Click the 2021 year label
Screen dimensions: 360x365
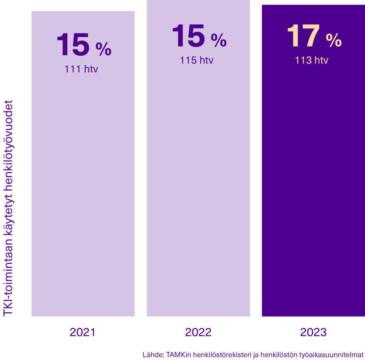pos(82,332)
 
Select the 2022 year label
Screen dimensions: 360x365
pos(198,332)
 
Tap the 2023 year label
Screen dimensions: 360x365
pos(313,332)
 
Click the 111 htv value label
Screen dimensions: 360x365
pos(81,69)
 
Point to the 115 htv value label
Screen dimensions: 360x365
pos(197,60)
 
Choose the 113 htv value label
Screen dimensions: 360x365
pos(312,60)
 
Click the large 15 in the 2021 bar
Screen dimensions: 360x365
pos(73,45)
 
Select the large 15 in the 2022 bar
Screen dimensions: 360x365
pos(189,36)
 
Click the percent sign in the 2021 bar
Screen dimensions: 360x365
pos(103,50)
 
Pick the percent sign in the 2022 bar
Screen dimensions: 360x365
pos(219,41)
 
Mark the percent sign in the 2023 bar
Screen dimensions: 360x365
pos(334,41)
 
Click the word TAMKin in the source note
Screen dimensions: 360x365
pos(177,355)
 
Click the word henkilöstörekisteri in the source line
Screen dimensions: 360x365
pos(220,355)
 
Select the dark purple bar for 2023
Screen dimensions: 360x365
pos(313,178)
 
